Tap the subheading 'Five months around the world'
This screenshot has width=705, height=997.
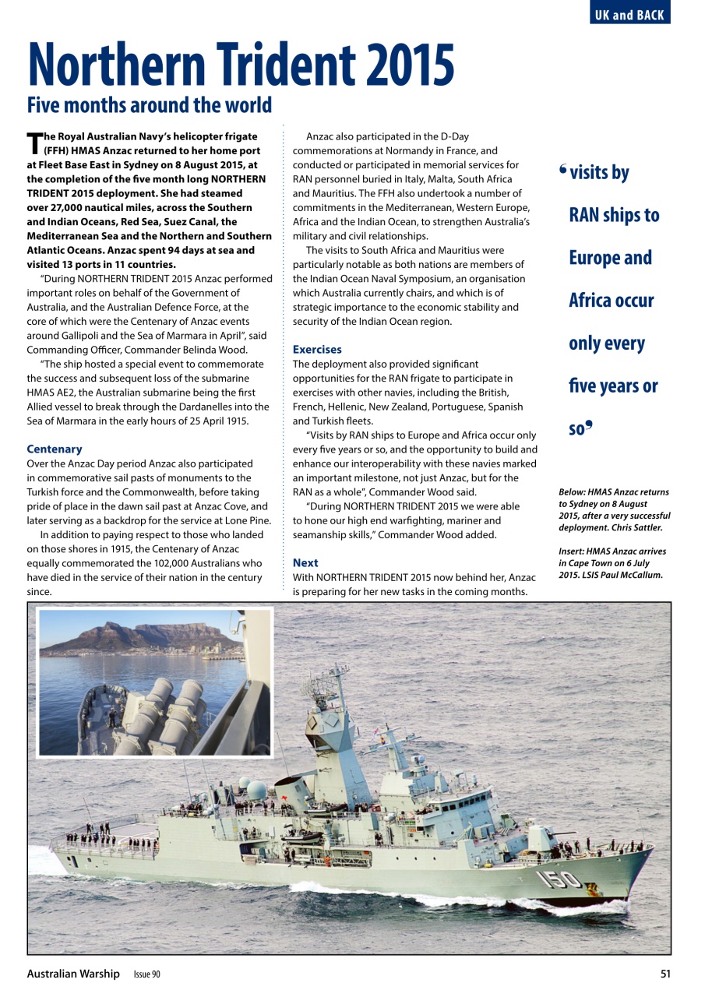click(150, 105)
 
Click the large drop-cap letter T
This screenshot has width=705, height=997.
click(34, 143)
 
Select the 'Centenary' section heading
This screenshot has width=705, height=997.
click(55, 449)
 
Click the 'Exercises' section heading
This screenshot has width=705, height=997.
click(317, 350)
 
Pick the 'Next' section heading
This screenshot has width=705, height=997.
click(305, 562)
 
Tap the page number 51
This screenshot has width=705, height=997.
click(664, 974)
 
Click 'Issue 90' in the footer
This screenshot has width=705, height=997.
click(146, 974)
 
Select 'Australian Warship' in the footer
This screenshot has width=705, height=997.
click(73, 974)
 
